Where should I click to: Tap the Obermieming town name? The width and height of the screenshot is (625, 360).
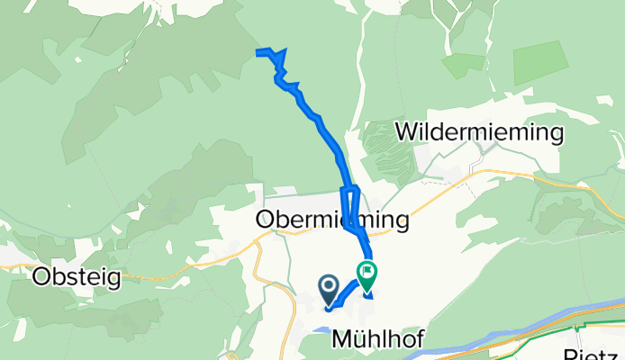point(332,220)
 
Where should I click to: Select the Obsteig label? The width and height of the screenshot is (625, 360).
point(77,277)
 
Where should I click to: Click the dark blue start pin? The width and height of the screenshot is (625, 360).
point(329,289)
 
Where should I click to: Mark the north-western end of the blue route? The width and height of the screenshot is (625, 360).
point(258,53)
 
